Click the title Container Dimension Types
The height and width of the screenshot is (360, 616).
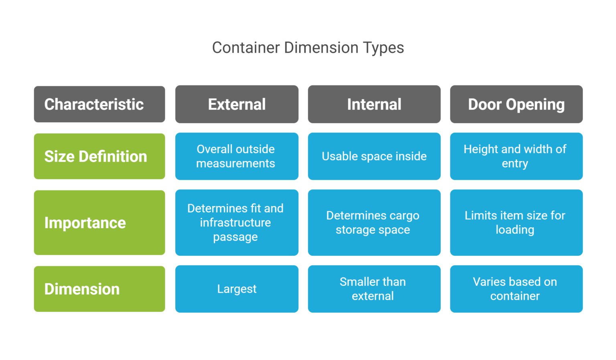pos(308,48)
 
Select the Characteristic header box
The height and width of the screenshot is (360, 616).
pos(99,104)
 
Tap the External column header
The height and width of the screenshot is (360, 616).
pos(237,104)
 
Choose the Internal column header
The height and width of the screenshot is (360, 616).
pos(374,104)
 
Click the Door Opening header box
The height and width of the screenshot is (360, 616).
pos(516,104)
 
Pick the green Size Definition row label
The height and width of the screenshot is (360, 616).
pos(99,156)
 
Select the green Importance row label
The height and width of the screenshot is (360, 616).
pos(99,222)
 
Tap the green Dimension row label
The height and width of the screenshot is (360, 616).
pos(99,289)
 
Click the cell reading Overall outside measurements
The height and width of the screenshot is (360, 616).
pos(237,156)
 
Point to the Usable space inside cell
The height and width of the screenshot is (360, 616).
pos(374,156)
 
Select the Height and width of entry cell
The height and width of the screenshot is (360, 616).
pos(516,156)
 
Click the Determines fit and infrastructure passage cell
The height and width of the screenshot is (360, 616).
pos(237,222)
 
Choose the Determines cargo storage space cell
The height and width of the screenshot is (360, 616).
pos(374,222)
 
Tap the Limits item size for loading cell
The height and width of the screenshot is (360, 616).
pos(516,222)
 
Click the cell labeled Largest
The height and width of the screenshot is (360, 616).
pos(237,289)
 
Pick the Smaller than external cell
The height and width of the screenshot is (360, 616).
pos(374,289)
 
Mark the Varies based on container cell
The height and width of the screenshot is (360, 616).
pos(516,289)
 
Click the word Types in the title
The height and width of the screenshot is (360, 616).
pos(383,48)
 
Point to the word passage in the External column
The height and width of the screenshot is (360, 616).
pos(235,237)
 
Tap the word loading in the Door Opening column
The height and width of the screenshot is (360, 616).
pos(515,230)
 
